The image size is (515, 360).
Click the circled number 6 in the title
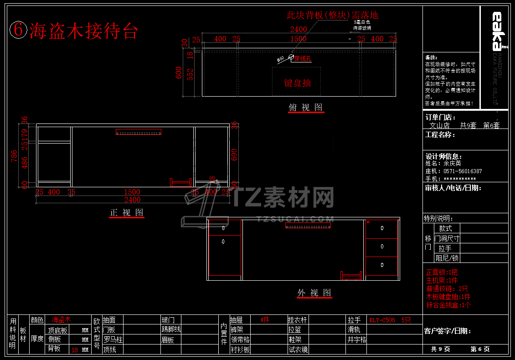coord(18,30)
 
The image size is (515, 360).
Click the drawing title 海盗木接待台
coord(83,31)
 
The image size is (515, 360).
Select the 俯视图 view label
coord(305,108)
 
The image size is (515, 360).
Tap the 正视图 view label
coord(127,213)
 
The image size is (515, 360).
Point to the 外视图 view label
coord(314,293)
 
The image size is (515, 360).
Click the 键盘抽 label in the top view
coord(298,83)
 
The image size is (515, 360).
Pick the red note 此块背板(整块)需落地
coord(332,15)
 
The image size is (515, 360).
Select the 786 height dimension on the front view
coord(14,156)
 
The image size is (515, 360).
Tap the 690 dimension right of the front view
coord(234,155)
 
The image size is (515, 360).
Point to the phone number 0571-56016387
coord(463,171)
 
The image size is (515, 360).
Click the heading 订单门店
coord(440,118)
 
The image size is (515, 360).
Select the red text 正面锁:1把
coord(442,272)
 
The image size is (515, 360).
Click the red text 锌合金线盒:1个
coord(448,305)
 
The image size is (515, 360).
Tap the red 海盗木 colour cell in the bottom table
coord(61,320)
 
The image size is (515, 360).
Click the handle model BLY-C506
coord(382,320)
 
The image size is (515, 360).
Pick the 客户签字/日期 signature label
coord(447,331)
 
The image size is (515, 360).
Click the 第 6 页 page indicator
coord(480,349)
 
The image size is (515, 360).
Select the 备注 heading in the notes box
coord(431,57)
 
